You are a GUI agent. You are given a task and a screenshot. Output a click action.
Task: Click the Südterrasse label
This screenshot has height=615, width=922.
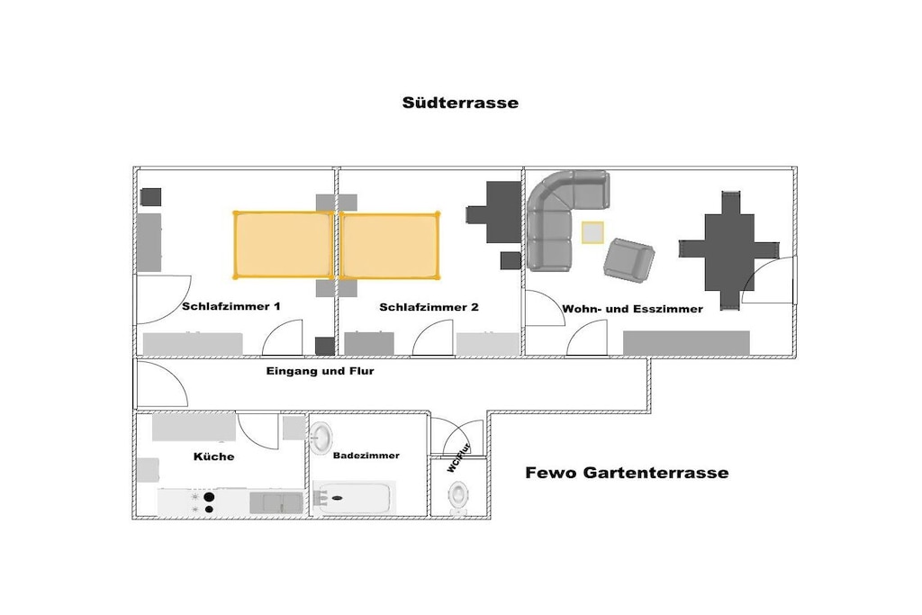tap(460, 103)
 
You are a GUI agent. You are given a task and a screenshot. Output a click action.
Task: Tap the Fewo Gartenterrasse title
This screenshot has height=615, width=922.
tap(627, 472)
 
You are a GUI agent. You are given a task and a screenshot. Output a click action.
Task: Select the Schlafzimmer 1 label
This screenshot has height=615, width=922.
tap(231, 307)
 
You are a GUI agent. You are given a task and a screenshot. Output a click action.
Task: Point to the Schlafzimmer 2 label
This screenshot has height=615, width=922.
tap(429, 307)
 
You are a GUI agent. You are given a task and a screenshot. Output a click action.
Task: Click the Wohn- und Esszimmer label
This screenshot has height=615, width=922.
tap(632, 309)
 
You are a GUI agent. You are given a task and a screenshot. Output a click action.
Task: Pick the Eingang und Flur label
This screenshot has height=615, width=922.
tap(320, 370)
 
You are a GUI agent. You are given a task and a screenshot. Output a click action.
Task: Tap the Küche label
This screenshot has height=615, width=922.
tap(213, 457)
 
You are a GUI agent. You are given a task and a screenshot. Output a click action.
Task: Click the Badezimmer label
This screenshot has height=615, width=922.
tap(366, 456)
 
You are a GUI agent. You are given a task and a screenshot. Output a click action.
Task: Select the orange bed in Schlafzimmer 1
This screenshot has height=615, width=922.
tap(283, 245)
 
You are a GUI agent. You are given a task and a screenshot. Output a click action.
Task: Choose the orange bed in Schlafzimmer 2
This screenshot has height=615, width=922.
tap(390, 245)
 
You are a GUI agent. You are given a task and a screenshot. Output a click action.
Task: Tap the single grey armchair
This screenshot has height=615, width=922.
tap(628, 258)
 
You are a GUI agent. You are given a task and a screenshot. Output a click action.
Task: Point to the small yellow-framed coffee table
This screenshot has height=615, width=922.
tap(593, 232)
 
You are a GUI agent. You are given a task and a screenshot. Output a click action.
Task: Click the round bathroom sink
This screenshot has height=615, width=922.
tap(323, 439)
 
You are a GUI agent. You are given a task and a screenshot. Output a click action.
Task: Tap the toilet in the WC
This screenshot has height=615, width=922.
tap(459, 497)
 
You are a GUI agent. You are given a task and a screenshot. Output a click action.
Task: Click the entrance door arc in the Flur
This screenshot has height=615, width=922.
tap(162, 384)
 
